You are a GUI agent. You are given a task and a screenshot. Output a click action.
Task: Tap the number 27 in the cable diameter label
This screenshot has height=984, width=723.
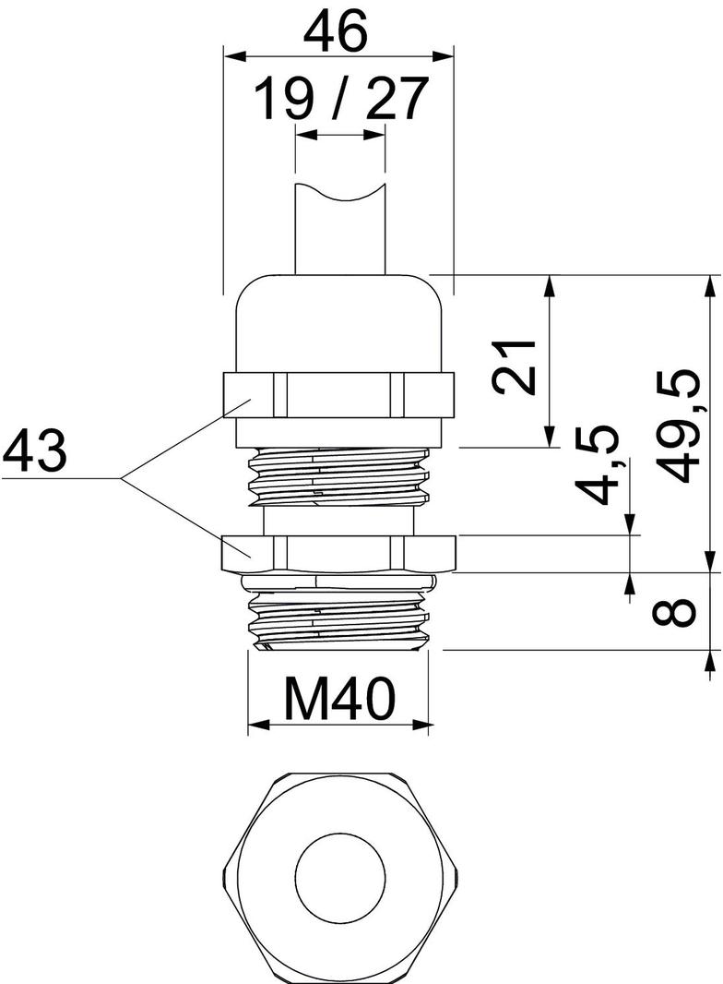click(397, 99)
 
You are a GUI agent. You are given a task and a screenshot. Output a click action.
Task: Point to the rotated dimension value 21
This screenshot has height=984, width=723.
click(515, 366)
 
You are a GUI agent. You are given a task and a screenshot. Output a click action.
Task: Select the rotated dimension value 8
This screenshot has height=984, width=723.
click(682, 611)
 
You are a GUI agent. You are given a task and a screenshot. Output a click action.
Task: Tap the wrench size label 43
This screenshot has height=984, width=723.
click(35, 452)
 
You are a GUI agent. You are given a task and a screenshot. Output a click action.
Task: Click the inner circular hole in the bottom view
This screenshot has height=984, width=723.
click(341, 875)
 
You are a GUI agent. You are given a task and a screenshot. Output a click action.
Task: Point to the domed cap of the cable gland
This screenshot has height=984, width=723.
click(338, 323)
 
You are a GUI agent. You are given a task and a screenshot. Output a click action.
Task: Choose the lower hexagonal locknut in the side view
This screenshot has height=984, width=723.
click(338, 553)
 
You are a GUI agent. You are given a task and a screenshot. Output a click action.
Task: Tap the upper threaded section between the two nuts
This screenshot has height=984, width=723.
click(338, 475)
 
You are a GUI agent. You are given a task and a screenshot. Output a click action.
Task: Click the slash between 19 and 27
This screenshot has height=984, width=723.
click(340, 99)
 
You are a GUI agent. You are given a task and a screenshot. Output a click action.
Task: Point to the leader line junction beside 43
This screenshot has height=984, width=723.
click(124, 478)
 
